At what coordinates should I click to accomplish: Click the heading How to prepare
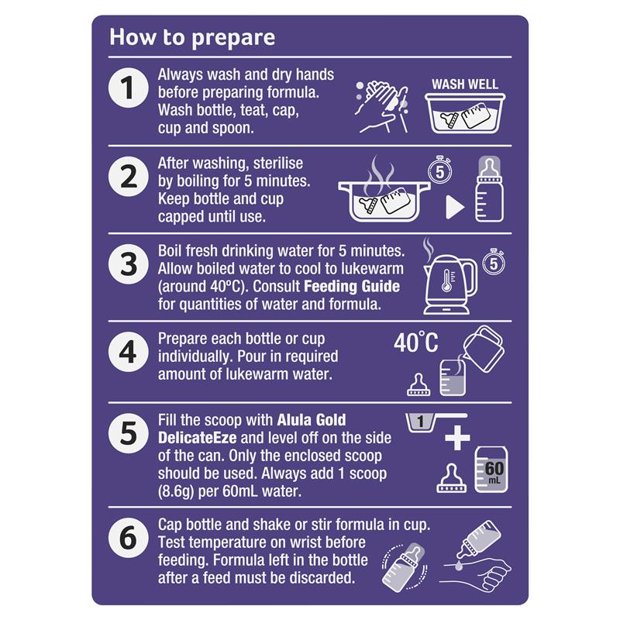pos(192,38)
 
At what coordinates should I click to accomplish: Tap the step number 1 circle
pos(128,88)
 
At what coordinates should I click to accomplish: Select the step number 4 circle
pos(128,352)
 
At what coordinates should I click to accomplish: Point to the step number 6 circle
pos(128,538)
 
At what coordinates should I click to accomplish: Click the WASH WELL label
pos(464,84)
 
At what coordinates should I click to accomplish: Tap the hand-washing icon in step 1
pos(382,106)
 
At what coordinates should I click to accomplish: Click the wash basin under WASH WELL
pos(465,113)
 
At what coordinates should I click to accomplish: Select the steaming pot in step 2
pos(384,189)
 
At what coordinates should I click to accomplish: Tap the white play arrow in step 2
pos(455,207)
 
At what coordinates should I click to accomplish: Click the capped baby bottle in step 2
pos(489,189)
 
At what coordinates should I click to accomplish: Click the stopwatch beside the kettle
pos(494,262)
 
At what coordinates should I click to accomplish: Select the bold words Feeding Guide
pos(352,286)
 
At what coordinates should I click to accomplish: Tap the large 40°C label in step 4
pos(416,343)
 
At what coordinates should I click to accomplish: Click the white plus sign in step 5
pos(457,438)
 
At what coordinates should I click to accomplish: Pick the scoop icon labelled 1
pos(435,422)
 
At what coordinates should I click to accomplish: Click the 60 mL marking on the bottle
pos(494,472)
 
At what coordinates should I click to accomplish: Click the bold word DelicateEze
pos(198,438)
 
